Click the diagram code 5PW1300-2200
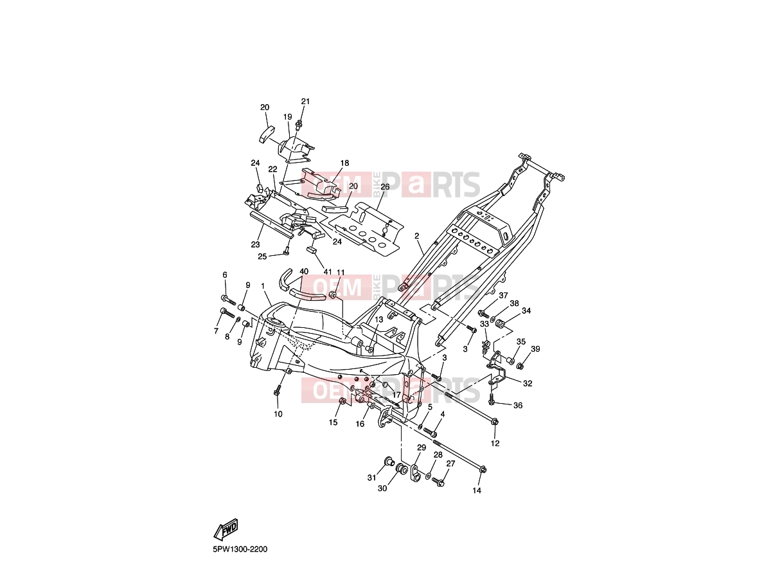240,549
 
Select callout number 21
305,101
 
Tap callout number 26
385,186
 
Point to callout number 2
417,235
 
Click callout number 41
328,271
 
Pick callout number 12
495,444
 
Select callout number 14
477,491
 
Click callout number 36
518,405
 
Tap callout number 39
535,349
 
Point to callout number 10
278,414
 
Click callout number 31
371,478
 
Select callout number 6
225,275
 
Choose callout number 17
396,395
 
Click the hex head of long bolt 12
495,422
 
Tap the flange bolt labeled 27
438,482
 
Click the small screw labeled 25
286,253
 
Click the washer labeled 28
428,475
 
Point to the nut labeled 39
520,366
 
